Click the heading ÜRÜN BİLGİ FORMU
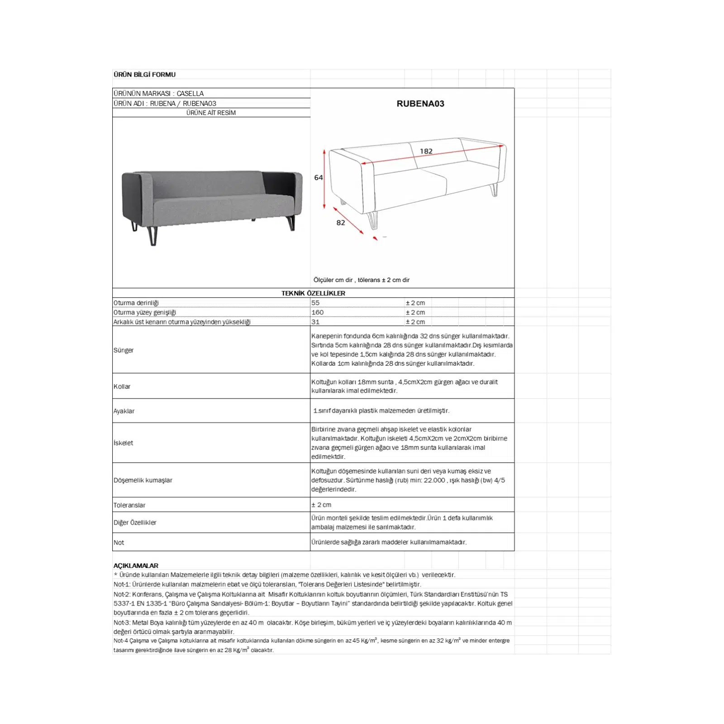[x=144, y=75]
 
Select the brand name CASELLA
[x=190, y=94]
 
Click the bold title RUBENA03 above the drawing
[x=420, y=104]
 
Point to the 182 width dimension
[x=426, y=151]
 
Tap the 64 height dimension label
[x=319, y=178]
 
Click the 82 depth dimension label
[x=341, y=223]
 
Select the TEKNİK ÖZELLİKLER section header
[x=313, y=293]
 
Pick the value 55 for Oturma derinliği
[x=315, y=303]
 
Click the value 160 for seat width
[x=317, y=312]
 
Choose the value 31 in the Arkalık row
[x=315, y=322]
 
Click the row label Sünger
[x=124, y=350]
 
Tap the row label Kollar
[x=122, y=386]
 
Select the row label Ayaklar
[x=124, y=411]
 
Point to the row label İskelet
[x=123, y=443]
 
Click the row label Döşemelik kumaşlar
[x=143, y=480]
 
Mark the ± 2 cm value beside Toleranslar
[x=321, y=505]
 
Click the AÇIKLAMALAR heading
[x=136, y=566]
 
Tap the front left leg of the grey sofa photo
[x=153, y=236]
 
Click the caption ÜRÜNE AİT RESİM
[x=211, y=113]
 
